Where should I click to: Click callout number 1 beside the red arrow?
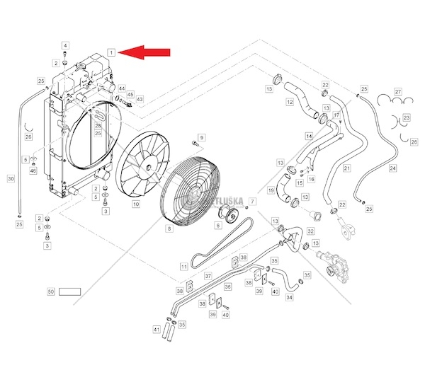click(x=110, y=52)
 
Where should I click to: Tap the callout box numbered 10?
click(x=135, y=204)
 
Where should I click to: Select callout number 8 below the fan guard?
click(x=169, y=228)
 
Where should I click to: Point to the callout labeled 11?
click(x=183, y=267)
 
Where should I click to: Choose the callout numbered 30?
click(x=11, y=179)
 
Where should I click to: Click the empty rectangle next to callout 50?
click(x=70, y=291)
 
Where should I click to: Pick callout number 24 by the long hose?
click(x=392, y=168)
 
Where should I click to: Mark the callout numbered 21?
click(x=346, y=168)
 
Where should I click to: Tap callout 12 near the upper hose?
click(x=290, y=103)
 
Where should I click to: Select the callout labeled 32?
click(x=311, y=231)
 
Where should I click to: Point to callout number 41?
click(x=156, y=329)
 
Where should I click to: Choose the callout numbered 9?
click(x=201, y=137)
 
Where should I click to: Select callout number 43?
click(x=140, y=100)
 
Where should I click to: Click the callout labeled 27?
click(x=397, y=92)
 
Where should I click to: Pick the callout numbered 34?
click(x=289, y=298)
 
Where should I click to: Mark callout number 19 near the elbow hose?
click(x=271, y=190)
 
